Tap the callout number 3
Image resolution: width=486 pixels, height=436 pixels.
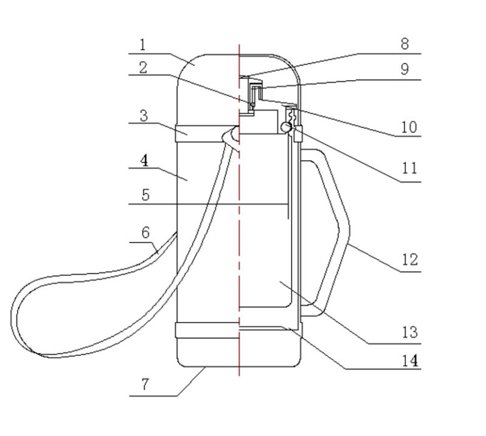[143, 115]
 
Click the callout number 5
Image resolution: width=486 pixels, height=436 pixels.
[145, 195]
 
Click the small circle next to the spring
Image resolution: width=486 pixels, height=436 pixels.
[284, 126]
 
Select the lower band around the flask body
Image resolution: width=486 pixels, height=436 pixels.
[207, 330]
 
